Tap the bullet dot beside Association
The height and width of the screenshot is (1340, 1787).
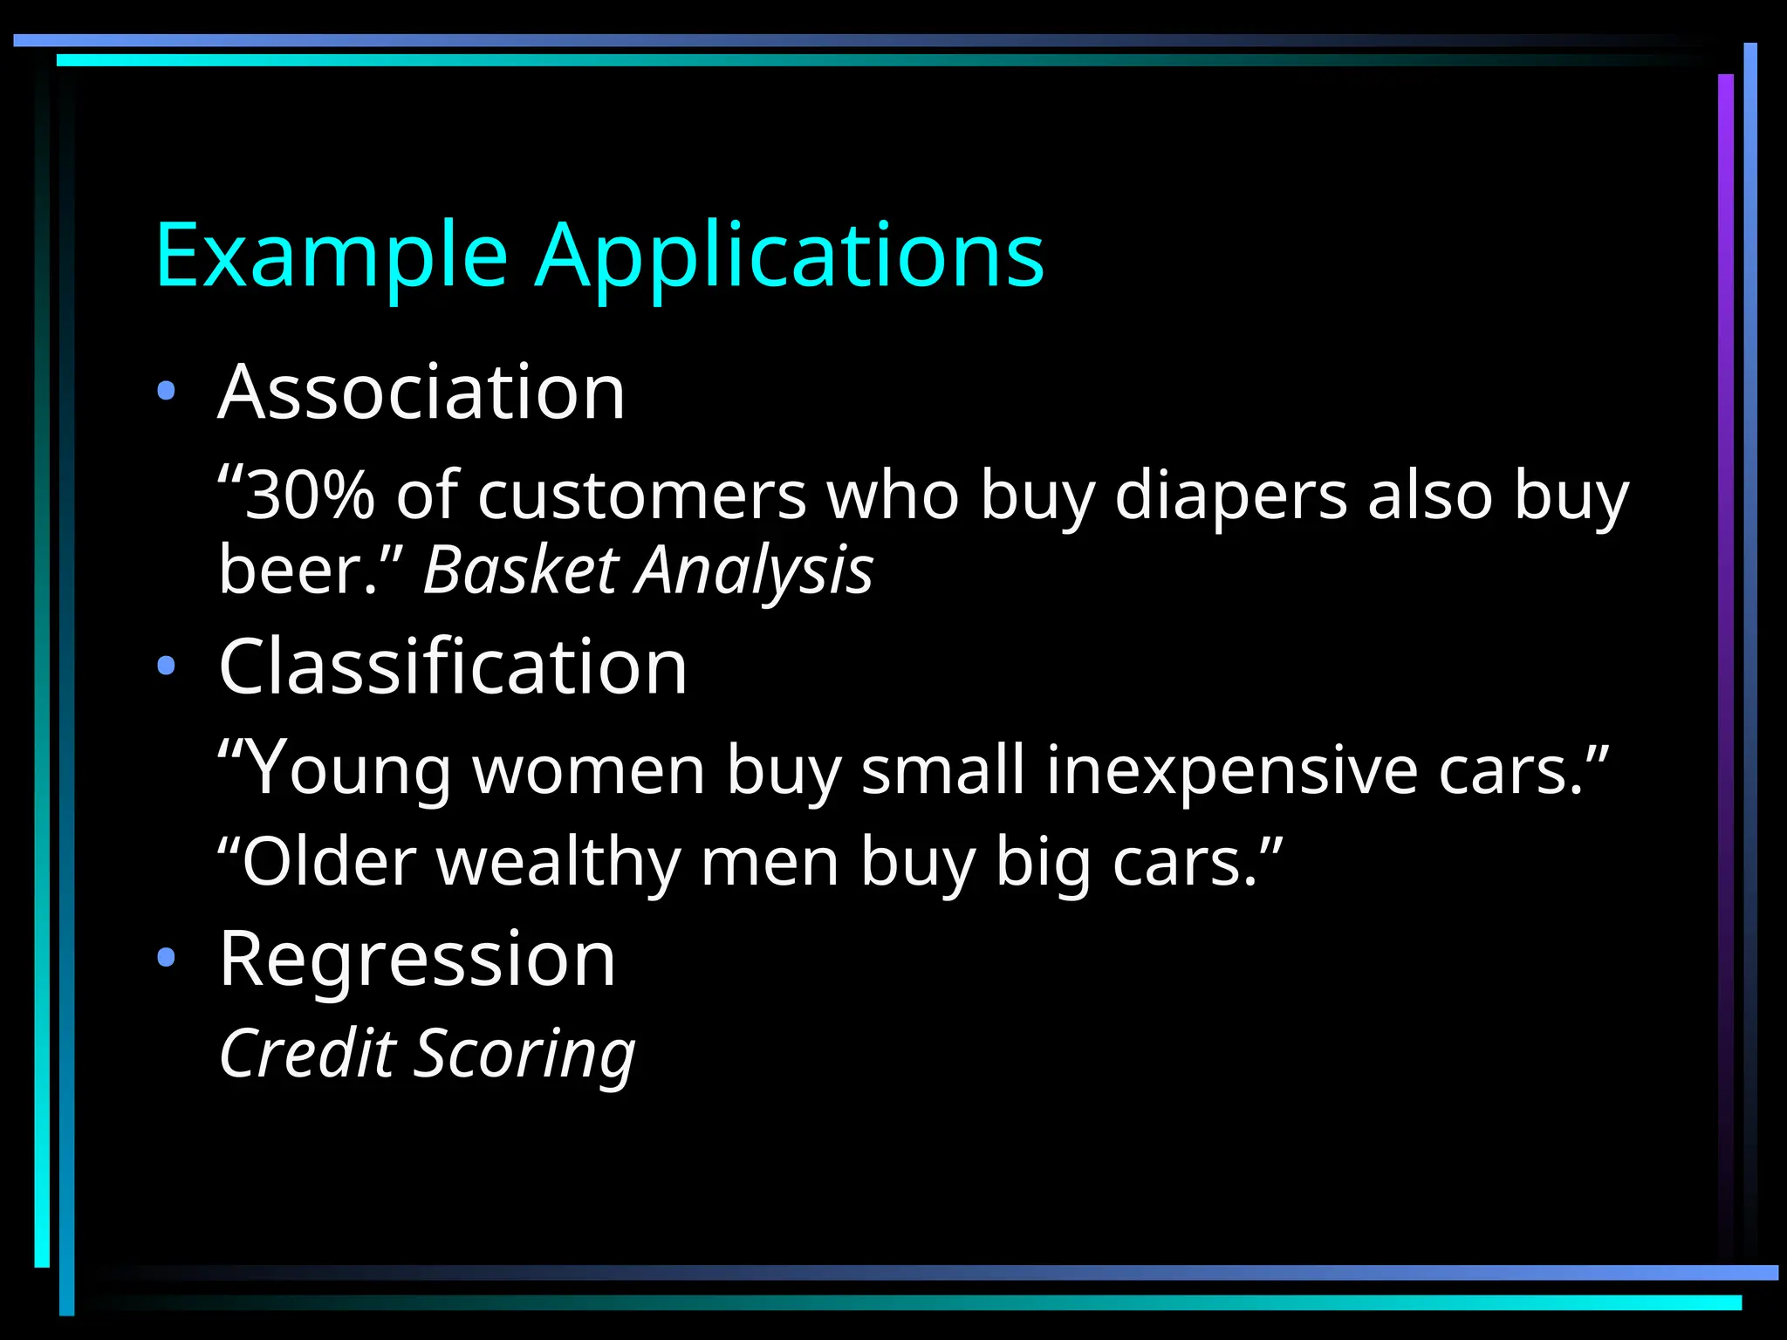coord(166,391)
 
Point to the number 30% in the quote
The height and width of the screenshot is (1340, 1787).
coord(309,496)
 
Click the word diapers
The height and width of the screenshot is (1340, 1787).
coord(1231,496)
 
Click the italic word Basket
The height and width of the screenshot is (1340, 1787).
coord(521,570)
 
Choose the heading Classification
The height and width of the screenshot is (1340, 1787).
coord(453,667)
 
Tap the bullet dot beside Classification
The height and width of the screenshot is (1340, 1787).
coord(166,667)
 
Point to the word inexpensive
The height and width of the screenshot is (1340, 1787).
coord(1232,770)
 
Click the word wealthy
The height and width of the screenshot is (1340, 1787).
coord(558,862)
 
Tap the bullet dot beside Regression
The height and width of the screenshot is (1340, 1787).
coord(166,959)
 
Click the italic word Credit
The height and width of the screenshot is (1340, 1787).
coord(308,1053)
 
